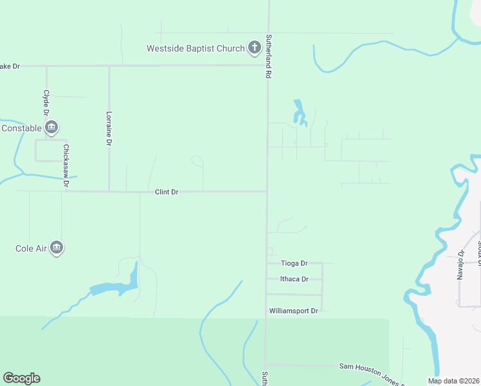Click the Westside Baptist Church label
195,48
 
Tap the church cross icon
254,47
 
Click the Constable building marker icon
51,127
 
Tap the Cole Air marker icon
57,248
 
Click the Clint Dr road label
166,192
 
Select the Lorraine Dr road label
109,128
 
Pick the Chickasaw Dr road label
66,166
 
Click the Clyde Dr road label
46,102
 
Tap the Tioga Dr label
295,263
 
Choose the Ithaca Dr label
295,279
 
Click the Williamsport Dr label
293,311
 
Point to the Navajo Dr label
460,265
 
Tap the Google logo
21,378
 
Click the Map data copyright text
454,381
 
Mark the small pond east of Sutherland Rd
299,113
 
